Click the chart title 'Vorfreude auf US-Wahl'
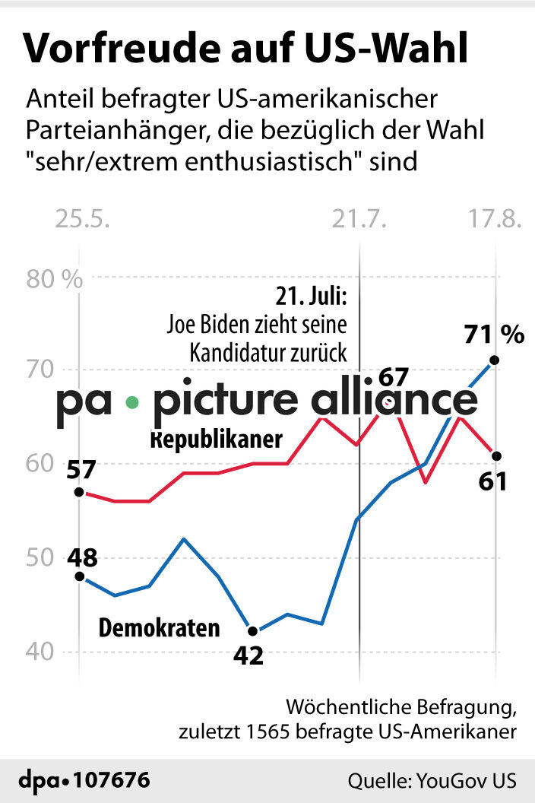point(246,48)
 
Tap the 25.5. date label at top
point(83,220)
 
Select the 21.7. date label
point(359,220)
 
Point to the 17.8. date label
point(495,220)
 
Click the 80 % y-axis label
point(54,279)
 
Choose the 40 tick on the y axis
point(44,652)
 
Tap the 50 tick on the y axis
point(44,558)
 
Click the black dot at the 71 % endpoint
point(495,360)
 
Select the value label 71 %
point(494,334)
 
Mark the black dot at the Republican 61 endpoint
point(496,455)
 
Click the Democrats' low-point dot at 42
point(253,630)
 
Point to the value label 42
point(248,655)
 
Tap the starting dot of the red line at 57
point(79,492)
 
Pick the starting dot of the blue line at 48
point(79,576)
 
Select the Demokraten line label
point(160,628)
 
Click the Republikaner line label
point(217,440)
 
